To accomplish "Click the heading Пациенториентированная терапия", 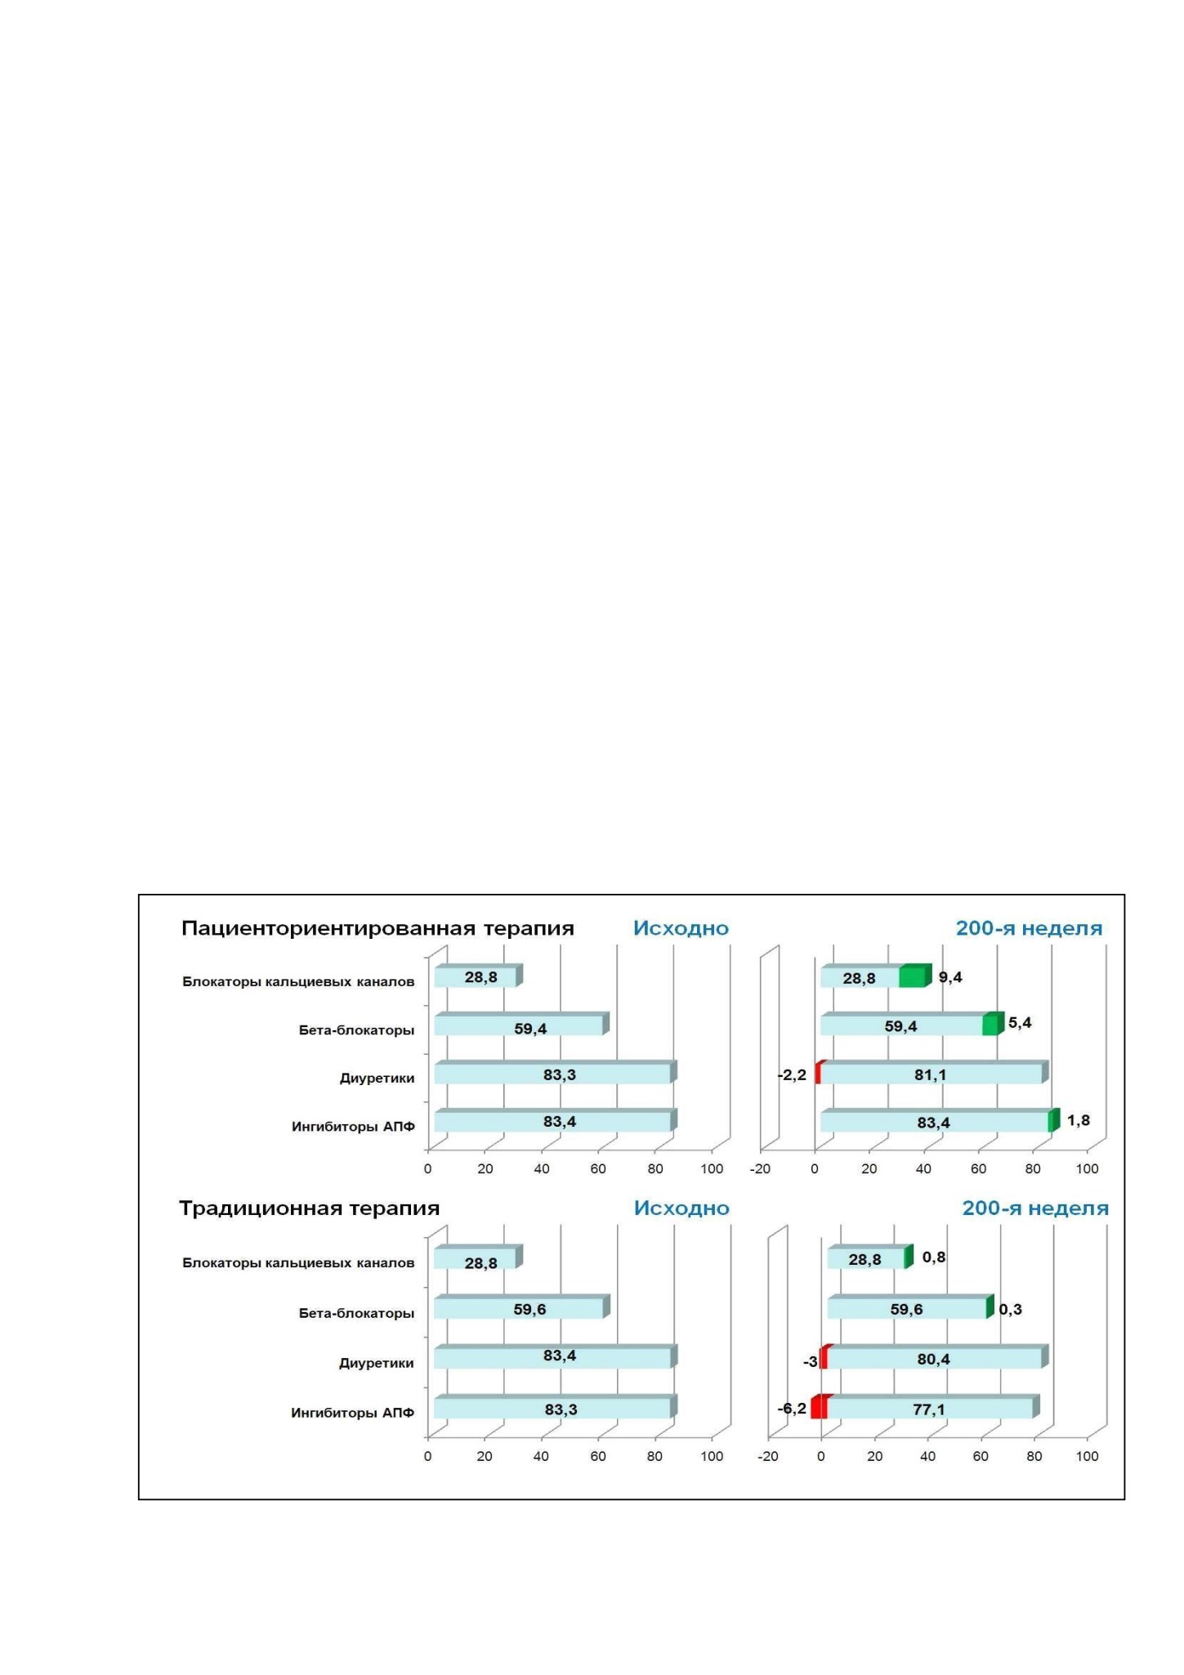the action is pos(378,928).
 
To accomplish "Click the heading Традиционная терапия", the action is pos(309,1208).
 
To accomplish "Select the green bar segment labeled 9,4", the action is pos(914,976).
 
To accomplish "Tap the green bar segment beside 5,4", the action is pos(992,1024).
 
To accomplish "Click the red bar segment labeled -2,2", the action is pos(819,1073).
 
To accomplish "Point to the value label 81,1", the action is pos(930,1074).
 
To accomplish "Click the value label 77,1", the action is pos(929,1409).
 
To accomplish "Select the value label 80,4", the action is pos(933,1359).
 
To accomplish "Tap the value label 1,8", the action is pos(1078,1120).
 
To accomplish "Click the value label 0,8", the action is pos(934,1257).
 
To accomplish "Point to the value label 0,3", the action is pos(1010,1309).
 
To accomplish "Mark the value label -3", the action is pos(810,1361).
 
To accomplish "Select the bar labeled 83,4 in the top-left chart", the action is pos(556,1121).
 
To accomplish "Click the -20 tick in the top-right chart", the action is pos(760,1168).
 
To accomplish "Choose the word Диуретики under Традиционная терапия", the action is pos(377,1363).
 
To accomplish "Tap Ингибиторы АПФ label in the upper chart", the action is pos(353,1127).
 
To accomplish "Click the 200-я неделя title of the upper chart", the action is pos(1029,928).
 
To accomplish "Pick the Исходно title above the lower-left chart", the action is pos(681,1208).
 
